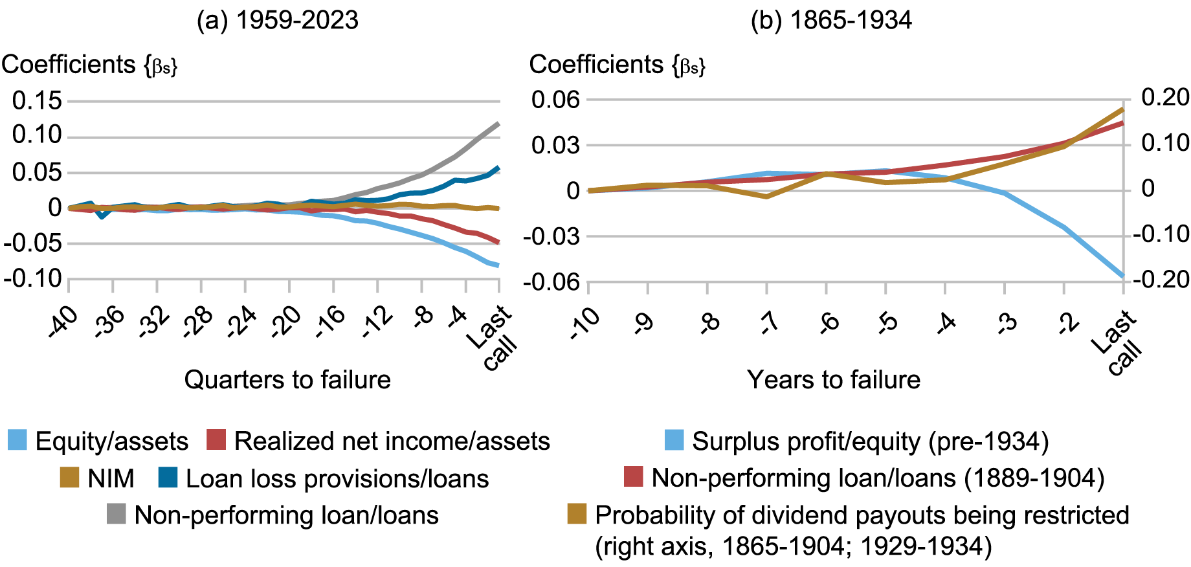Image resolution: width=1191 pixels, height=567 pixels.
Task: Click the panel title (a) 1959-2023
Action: (277, 20)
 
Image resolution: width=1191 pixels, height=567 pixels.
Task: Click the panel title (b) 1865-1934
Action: (831, 20)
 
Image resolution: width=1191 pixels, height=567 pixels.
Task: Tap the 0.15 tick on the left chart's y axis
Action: (37, 100)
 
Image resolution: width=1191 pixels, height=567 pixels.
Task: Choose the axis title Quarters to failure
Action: (287, 379)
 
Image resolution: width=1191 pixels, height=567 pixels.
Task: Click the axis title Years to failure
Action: (834, 379)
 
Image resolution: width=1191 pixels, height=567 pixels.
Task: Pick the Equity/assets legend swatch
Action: (17, 440)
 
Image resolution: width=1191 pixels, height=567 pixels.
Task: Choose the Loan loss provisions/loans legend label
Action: (337, 478)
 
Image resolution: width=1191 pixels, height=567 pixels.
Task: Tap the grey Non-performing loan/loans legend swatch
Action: (117, 515)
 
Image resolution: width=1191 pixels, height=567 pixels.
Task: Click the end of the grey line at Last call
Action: (498, 123)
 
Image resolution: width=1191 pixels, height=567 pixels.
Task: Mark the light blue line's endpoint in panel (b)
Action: (1123, 276)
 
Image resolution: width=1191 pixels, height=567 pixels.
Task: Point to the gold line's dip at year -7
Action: (767, 196)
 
